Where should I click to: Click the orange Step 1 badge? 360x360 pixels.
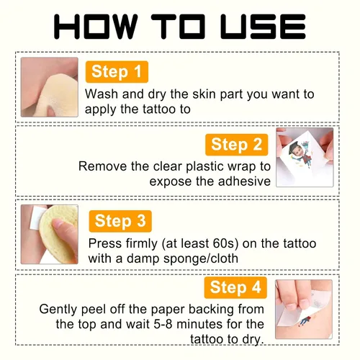coord(117,72)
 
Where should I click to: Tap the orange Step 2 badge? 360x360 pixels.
coord(236,145)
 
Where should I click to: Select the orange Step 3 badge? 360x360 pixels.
coord(120,221)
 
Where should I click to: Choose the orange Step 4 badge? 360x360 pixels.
coord(235,287)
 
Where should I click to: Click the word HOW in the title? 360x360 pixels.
coord(96,27)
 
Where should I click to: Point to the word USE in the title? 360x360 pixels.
coord(263,27)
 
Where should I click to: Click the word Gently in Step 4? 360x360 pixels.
coord(58,310)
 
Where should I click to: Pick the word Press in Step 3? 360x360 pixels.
coord(105,243)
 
